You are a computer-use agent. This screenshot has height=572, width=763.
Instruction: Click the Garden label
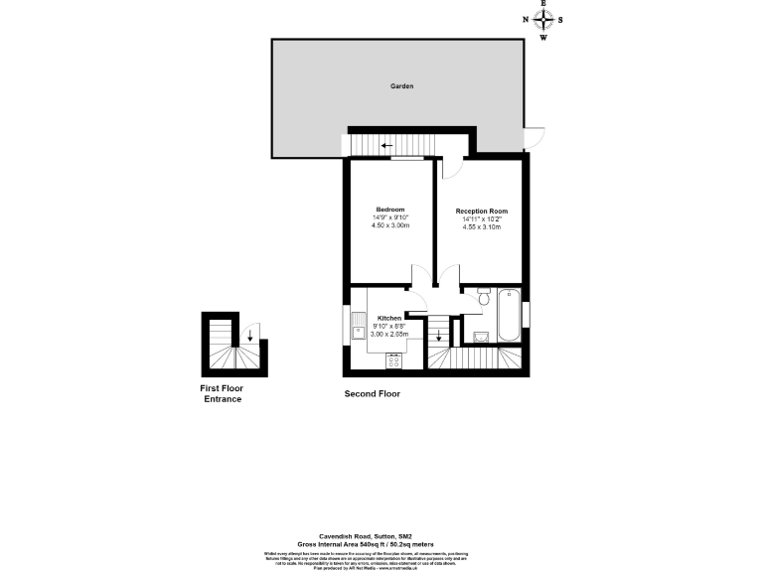pos(401,87)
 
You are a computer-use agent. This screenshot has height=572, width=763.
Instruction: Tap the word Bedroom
pos(390,210)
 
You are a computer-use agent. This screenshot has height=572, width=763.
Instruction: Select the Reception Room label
pos(482,212)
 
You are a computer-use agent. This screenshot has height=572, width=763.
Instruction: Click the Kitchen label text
pos(389,318)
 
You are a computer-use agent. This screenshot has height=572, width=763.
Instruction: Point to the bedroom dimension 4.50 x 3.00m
pos(390,226)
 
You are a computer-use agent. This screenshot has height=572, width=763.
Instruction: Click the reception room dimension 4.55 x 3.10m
pos(482,227)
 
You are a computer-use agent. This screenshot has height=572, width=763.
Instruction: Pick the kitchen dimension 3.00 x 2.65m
pos(389,335)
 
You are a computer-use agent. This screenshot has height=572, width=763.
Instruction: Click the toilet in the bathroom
pos(482,298)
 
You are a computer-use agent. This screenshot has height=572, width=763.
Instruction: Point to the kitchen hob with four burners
pos(394,360)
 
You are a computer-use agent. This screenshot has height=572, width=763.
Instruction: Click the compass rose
pos(543,20)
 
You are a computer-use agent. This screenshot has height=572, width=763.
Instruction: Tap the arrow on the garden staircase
pos(372,146)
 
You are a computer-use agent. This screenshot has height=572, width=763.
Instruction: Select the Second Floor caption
pos(372,394)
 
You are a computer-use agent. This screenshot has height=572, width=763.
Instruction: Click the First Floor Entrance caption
pos(223,393)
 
